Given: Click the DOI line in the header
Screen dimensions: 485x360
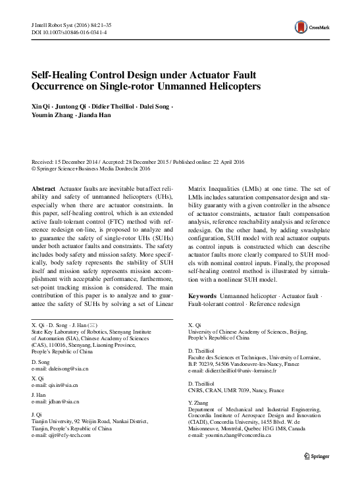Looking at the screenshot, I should pyautogui.click(x=63, y=32).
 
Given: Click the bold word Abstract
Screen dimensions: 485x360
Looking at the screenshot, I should pyautogui.click(x=43, y=188).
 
